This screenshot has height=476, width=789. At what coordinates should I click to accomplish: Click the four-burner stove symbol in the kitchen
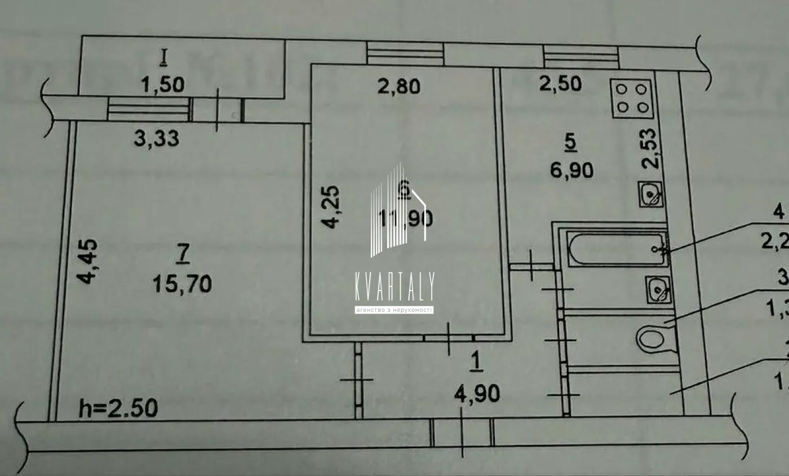[632, 98]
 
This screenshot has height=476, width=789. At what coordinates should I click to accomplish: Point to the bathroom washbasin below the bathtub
[657, 290]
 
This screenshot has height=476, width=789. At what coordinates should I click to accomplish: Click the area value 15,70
[182, 284]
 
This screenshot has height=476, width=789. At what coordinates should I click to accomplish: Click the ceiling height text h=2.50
[118, 407]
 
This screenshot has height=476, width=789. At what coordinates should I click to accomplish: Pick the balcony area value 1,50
[163, 85]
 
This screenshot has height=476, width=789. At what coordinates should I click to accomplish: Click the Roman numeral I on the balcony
[164, 56]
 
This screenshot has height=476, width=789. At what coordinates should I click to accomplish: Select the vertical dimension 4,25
[332, 207]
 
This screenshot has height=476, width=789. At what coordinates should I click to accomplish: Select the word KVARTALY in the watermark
[394, 287]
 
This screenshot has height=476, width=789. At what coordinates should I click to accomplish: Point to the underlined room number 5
[570, 144]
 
